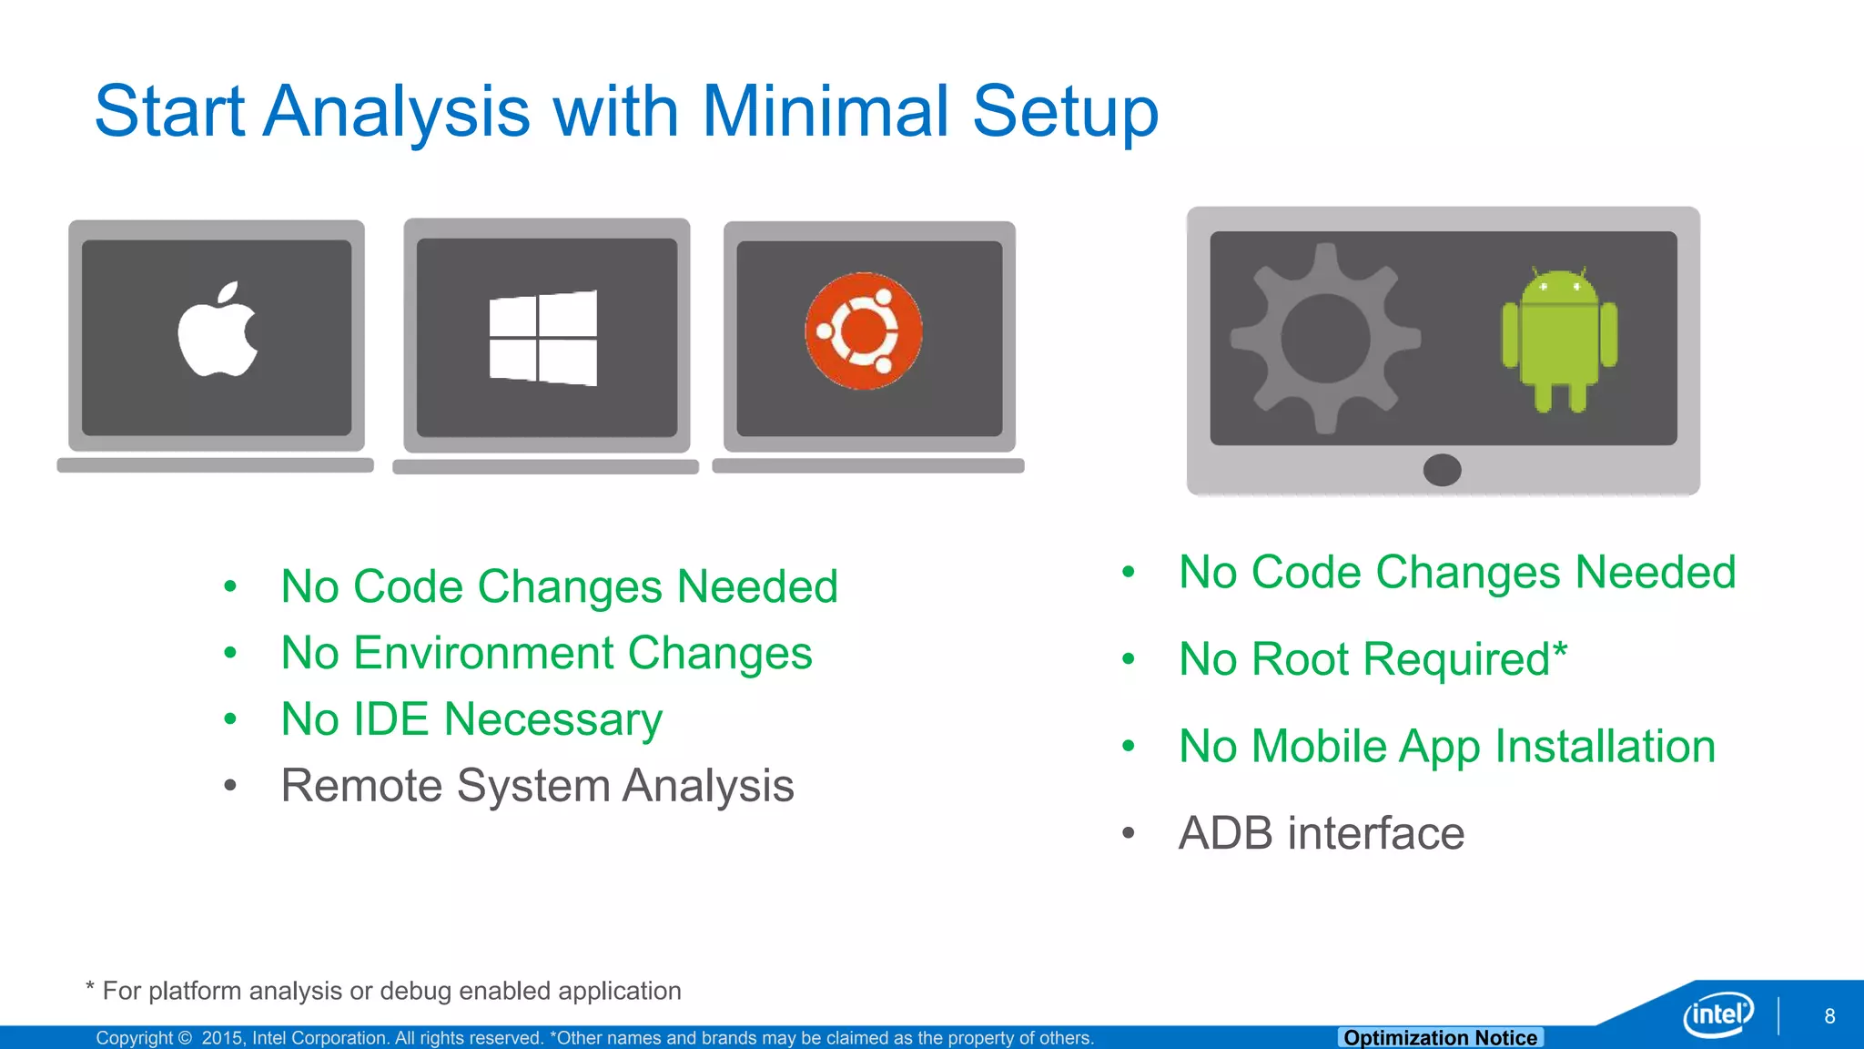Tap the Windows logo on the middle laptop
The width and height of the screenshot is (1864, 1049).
point(543,338)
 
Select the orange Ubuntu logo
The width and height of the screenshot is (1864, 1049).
point(864,331)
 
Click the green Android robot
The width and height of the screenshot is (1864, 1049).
point(1559,341)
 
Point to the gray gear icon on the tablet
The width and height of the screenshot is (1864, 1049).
point(1325,338)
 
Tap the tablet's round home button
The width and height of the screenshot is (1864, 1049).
point(1442,470)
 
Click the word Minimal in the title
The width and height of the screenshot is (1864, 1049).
point(826,111)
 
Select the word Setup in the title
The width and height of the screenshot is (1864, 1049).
point(1065,111)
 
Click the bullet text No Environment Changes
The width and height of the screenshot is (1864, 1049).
point(546,653)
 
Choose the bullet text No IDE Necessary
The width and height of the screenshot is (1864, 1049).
point(471,719)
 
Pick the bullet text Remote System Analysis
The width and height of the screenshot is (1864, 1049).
point(537,786)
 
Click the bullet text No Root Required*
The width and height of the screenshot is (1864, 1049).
point(1373,659)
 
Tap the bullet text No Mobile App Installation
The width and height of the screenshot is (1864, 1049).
point(1447,747)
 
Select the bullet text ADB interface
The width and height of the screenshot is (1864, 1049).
point(1322,833)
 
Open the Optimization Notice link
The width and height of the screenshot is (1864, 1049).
point(1440,1038)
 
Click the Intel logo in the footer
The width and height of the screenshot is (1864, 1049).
point(1717,1013)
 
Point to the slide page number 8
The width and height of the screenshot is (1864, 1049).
point(1829,1016)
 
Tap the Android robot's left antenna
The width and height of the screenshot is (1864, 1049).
point(1535,272)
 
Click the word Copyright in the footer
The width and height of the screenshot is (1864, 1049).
point(135,1038)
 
